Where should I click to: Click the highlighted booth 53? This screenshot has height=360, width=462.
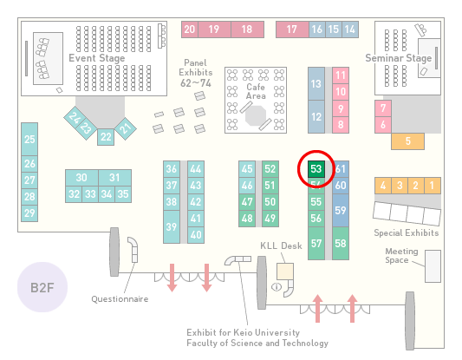coord(316,169)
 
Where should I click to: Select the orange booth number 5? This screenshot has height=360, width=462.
coord(407,141)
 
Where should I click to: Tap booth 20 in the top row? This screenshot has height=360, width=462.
coord(190,29)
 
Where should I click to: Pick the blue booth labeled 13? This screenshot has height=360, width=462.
coord(316,84)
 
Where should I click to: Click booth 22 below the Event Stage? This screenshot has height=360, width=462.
coord(106,137)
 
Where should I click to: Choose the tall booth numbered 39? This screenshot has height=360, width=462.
coord(172,226)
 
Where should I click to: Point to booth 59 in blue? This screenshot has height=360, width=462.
coord(341,210)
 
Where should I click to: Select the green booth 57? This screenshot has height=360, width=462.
coord(316,243)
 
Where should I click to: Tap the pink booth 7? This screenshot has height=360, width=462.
coord(383,108)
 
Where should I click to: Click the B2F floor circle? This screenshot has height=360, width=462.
coord(42,287)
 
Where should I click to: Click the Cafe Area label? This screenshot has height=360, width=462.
coord(256,91)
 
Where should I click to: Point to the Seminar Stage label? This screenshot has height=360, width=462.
coord(399,58)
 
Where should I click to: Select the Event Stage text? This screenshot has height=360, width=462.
coord(97,58)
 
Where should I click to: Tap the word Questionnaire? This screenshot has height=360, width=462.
coord(120,299)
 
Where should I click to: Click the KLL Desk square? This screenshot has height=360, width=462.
coord(285,272)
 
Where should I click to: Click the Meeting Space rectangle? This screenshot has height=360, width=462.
coord(433,266)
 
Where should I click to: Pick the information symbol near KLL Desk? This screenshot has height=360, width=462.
coord(277,286)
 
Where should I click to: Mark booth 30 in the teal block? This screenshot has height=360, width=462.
coord(81,178)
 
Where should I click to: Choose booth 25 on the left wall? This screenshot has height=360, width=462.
coord(29,139)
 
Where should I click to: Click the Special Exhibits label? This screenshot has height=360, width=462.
coord(407,233)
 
